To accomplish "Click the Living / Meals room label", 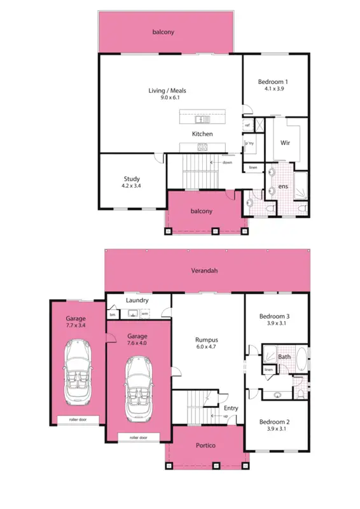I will click(167, 91).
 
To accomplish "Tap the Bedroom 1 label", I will click(273, 82).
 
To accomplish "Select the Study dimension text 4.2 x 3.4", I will click(131, 187).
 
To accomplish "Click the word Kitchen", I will click(202, 134).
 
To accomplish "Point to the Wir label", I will click(286, 143).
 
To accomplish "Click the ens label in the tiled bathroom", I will click(283, 187).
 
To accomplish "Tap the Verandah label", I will click(204, 270).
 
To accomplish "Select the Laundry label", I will click(137, 300).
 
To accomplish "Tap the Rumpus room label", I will click(206, 340).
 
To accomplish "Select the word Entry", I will click(231, 408).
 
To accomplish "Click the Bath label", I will click(284, 357).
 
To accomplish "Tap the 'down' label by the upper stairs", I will click(227, 162).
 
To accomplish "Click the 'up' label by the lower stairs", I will click(225, 416).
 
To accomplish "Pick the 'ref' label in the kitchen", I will click(247, 125).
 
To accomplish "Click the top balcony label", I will click(163, 31).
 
